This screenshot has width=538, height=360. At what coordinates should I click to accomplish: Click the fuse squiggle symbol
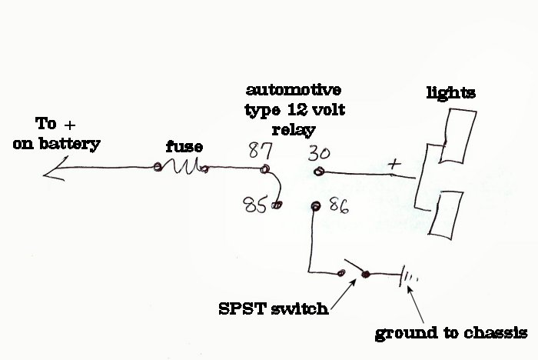click(181, 166)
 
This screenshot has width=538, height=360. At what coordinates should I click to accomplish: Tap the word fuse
click(184, 147)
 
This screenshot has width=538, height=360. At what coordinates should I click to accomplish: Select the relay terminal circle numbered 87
click(264, 168)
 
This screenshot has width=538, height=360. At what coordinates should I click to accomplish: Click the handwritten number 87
click(261, 150)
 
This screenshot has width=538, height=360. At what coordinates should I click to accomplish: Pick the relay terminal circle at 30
click(319, 171)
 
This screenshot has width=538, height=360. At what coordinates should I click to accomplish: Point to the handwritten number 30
click(319, 153)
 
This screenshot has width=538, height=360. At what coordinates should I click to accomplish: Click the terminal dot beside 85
click(277, 205)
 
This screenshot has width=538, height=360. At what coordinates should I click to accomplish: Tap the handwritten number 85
click(254, 205)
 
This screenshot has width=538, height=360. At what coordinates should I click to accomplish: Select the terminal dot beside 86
click(316, 205)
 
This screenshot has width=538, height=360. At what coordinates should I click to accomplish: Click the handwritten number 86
click(339, 205)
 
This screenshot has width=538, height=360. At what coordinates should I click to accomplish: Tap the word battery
click(70, 144)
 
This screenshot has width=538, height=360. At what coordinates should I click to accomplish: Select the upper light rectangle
click(457, 136)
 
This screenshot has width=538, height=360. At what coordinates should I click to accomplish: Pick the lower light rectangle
click(446, 215)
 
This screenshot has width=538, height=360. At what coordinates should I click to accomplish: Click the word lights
click(451, 93)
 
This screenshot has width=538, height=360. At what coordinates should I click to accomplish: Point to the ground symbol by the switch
click(408, 275)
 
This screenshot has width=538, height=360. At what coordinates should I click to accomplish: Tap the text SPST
click(242, 308)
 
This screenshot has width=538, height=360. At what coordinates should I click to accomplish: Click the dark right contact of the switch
click(366, 274)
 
